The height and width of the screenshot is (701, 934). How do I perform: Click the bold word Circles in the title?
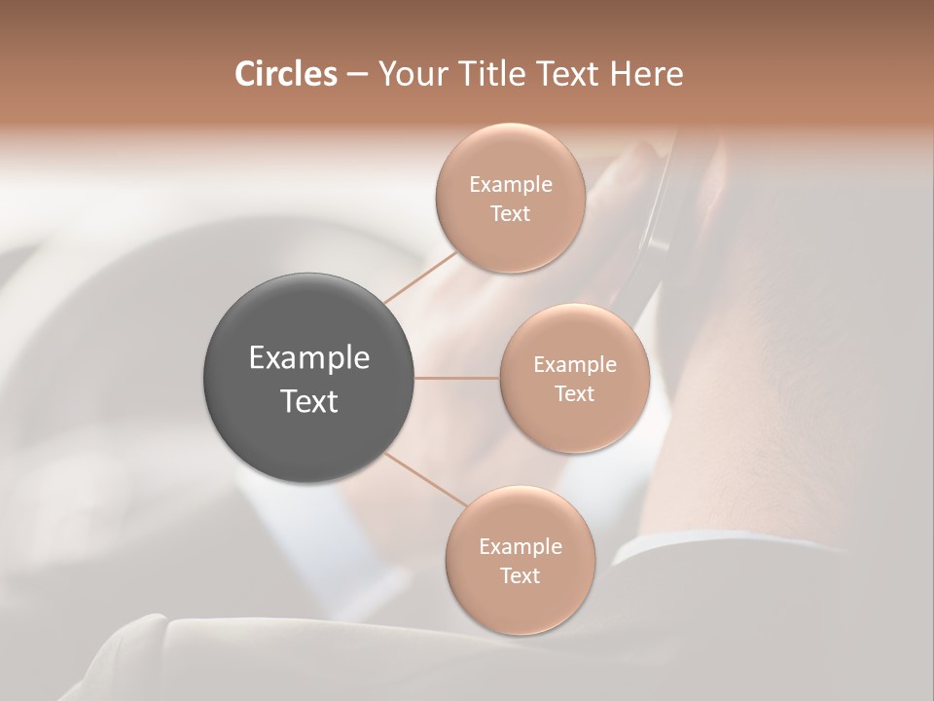click(285, 74)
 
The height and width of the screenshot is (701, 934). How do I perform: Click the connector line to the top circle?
click(420, 277)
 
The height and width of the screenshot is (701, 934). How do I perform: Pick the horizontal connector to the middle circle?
click(457, 378)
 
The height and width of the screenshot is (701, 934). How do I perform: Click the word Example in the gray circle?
click(309, 358)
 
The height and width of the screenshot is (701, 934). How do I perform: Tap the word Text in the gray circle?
click(309, 401)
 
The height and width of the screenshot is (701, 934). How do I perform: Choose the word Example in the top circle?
click(511, 185)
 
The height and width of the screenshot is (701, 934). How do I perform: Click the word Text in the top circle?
click(510, 214)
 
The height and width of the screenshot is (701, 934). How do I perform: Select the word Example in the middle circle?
click(575, 365)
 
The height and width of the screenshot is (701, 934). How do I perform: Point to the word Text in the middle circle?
click(574, 394)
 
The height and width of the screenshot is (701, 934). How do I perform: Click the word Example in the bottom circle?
click(521, 547)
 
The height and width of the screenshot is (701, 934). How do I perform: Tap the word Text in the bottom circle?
click(520, 576)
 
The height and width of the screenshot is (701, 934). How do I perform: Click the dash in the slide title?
click(357, 75)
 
